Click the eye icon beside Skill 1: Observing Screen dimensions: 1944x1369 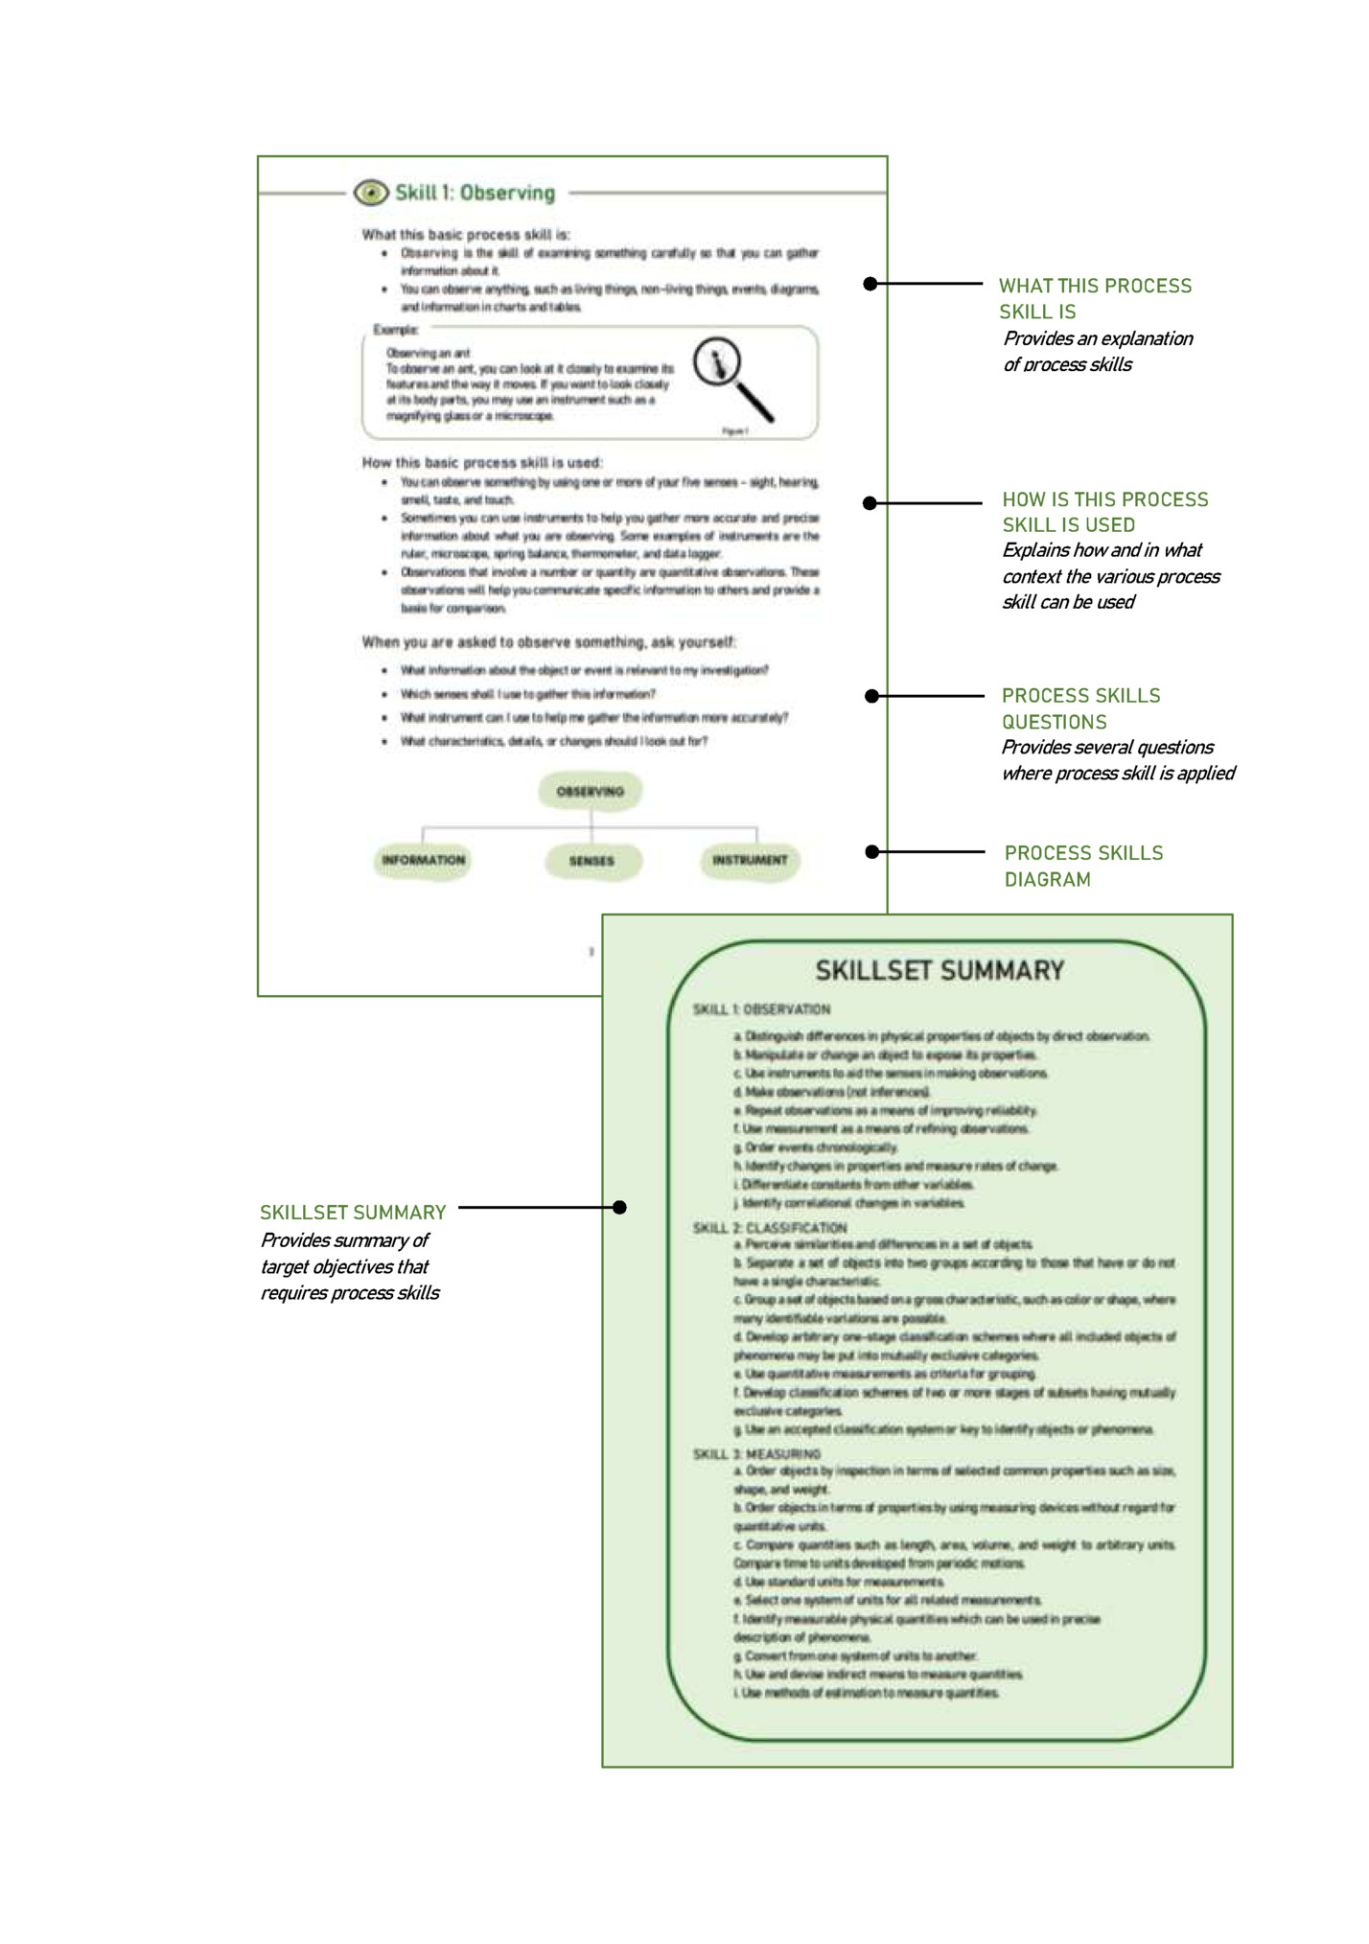coord(371,193)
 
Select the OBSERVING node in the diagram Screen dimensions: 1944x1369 coord(590,792)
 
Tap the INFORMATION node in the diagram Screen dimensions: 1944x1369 coord(423,860)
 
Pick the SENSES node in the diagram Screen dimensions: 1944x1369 coord(592,861)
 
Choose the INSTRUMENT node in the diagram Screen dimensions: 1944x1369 coord(750,860)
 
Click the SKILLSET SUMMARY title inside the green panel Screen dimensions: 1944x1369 coord(940,971)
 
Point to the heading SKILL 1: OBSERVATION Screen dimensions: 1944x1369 coord(761,1009)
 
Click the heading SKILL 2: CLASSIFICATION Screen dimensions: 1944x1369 coord(770,1228)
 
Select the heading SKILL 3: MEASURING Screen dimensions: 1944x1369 coord(756,1454)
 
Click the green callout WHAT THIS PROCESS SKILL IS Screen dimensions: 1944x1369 coord(1095,298)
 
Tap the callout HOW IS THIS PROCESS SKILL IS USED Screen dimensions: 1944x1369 coord(1104,512)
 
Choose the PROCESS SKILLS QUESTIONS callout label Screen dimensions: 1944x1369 coord(1080,708)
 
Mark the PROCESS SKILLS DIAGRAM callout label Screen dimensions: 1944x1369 coord(1083,866)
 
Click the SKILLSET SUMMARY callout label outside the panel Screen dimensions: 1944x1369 coord(353,1213)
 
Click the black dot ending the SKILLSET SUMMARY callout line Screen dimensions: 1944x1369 coord(620,1208)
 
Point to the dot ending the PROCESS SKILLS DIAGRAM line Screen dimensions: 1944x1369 coord(871,851)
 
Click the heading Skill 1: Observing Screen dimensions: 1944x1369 coord(475,193)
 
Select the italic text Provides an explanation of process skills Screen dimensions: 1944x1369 coord(1097,351)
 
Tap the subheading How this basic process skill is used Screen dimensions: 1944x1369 coord(481,462)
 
